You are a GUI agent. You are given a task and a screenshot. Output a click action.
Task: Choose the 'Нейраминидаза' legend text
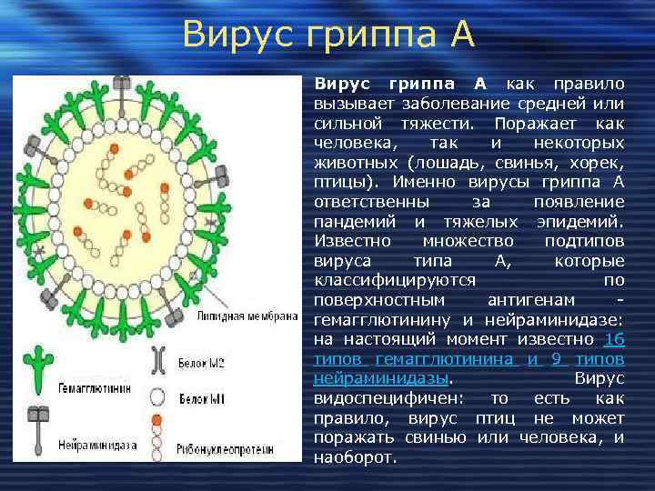[x=94, y=448]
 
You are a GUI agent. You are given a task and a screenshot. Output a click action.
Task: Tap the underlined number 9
[x=555, y=358]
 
